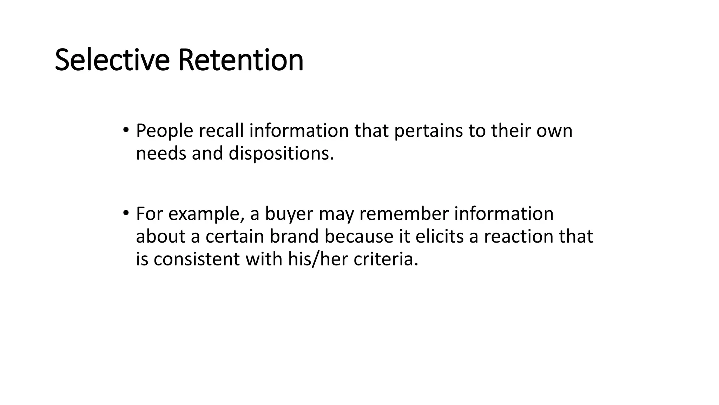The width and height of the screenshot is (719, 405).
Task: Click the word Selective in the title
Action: pyautogui.click(x=112, y=60)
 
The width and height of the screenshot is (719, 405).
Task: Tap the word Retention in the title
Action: pyautogui.click(x=240, y=60)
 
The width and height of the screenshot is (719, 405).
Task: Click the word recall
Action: pyautogui.click(x=221, y=131)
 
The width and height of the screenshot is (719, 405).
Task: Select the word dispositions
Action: pyautogui.click(x=281, y=154)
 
